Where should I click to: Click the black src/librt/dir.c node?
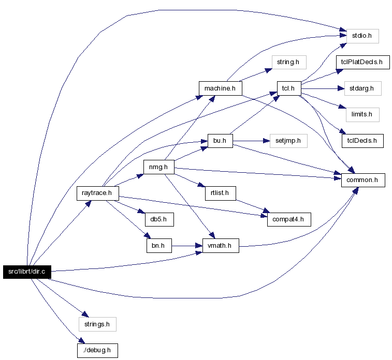(27, 272)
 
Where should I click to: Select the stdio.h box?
(362, 36)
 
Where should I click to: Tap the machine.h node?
(221, 88)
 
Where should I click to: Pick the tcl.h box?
(289, 88)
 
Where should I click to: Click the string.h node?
(289, 62)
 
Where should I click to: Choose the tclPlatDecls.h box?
(363, 62)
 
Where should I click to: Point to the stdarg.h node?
(363, 88)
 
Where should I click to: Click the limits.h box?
(362, 115)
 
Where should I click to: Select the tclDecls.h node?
(362, 141)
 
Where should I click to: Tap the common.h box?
(363, 180)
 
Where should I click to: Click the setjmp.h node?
(288, 141)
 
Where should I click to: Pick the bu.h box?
(220, 141)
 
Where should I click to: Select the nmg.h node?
(159, 167)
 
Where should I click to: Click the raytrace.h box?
(98, 193)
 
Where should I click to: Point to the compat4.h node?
(289, 219)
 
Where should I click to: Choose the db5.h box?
(159, 219)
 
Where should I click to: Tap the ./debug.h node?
(97, 351)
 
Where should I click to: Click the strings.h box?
(97, 324)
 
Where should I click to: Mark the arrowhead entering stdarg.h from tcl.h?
(341, 88)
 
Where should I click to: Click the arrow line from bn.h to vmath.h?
(187, 246)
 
